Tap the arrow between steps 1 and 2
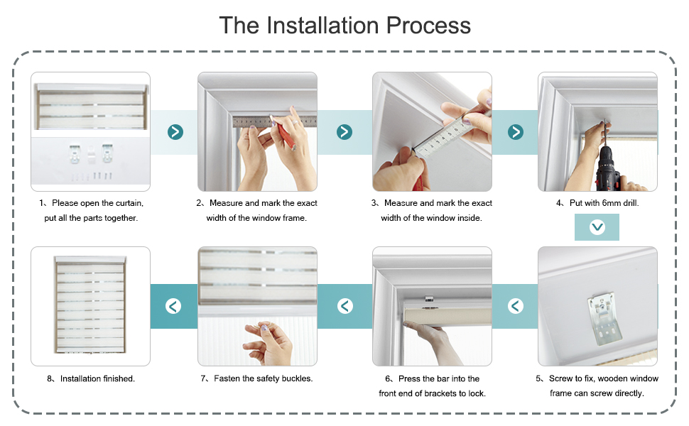tap(175, 132)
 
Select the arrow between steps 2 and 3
tap(344, 132)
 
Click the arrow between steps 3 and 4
tap(516, 132)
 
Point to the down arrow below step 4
tap(597, 227)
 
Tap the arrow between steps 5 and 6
tap(516, 306)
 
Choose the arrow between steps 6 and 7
tap(345, 306)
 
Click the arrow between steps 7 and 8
tap(173, 306)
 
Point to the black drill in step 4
tap(608, 169)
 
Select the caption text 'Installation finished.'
tap(97, 378)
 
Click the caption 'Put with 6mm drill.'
tap(604, 203)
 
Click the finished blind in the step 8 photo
tap(90, 305)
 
